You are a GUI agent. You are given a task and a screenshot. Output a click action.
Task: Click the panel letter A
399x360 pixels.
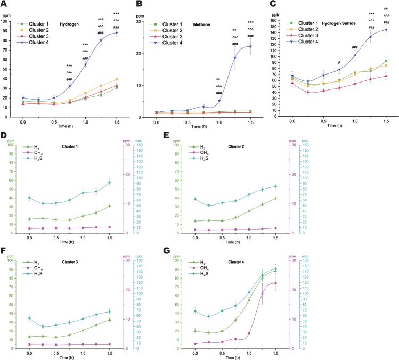pyautogui.click(x=4, y=5)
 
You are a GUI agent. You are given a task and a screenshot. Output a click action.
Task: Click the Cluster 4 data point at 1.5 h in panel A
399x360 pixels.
pyautogui.click(x=117, y=33)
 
